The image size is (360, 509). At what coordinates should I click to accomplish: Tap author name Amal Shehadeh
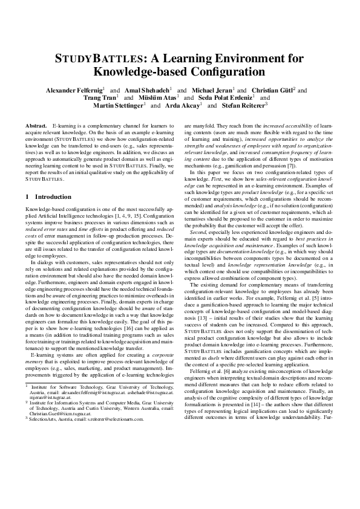tap(148, 90)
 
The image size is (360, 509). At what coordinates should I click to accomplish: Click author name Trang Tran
tap(100, 97)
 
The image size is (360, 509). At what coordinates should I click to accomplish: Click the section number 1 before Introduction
tap(27, 180)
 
